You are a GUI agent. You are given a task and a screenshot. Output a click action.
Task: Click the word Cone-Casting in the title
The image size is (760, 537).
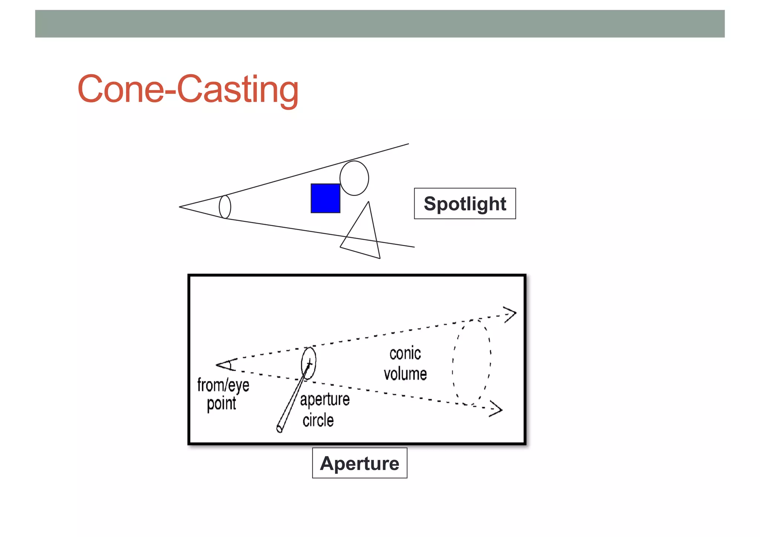coord(188,89)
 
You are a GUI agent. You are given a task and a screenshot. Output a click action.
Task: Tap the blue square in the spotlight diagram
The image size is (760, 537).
coord(325,198)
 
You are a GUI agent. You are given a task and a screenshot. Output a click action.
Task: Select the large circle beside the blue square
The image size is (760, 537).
coord(354,178)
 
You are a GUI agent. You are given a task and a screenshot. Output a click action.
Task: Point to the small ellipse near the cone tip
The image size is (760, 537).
coord(225,207)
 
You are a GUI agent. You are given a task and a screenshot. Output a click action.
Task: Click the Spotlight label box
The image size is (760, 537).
coord(465,204)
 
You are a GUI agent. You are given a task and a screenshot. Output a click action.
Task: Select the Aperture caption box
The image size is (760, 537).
coord(360,463)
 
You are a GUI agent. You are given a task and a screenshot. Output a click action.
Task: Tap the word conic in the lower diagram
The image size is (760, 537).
coord(405,354)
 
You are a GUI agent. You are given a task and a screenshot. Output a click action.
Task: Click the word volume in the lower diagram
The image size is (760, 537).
coord(405,374)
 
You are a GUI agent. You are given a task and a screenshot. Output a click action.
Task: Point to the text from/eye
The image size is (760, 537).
coord(223,385)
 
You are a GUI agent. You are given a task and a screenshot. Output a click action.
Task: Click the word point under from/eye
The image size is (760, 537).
coord(222,403)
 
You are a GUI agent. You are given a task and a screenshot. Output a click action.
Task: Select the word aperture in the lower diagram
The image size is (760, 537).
coord(325,400)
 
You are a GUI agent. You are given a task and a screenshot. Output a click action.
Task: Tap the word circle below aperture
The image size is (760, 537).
coord(318,420)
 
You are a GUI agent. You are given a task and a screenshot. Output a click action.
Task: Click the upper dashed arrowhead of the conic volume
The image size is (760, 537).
coord(510,314)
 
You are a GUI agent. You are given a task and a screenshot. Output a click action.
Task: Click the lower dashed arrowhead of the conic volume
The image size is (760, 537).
coord(496,409)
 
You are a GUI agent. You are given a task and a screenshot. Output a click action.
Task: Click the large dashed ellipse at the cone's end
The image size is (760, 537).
coord(472,362)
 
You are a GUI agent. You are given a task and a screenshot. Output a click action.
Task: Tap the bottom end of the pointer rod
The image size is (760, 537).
coord(280,429)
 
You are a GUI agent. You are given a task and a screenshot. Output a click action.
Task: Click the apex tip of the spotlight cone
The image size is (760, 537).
coord(180,207)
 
